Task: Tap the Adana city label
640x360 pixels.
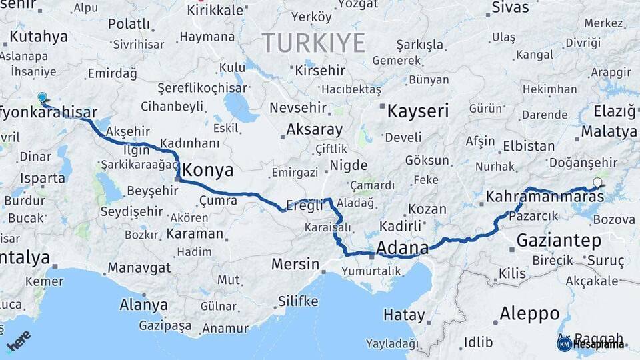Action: point(402,249)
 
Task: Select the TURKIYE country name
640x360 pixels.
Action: point(313,43)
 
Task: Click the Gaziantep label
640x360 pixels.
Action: point(559,240)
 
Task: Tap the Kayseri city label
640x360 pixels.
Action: point(418,111)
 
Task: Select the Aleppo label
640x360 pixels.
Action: point(529,313)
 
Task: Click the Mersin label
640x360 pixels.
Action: point(295,264)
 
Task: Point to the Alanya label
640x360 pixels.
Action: point(143,305)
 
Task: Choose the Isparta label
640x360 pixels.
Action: point(43,178)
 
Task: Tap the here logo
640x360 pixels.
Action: point(18,341)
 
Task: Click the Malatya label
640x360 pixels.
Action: point(609,131)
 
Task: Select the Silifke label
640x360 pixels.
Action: point(298,301)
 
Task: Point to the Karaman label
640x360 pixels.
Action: point(195,233)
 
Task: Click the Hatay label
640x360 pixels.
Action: point(404,315)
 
